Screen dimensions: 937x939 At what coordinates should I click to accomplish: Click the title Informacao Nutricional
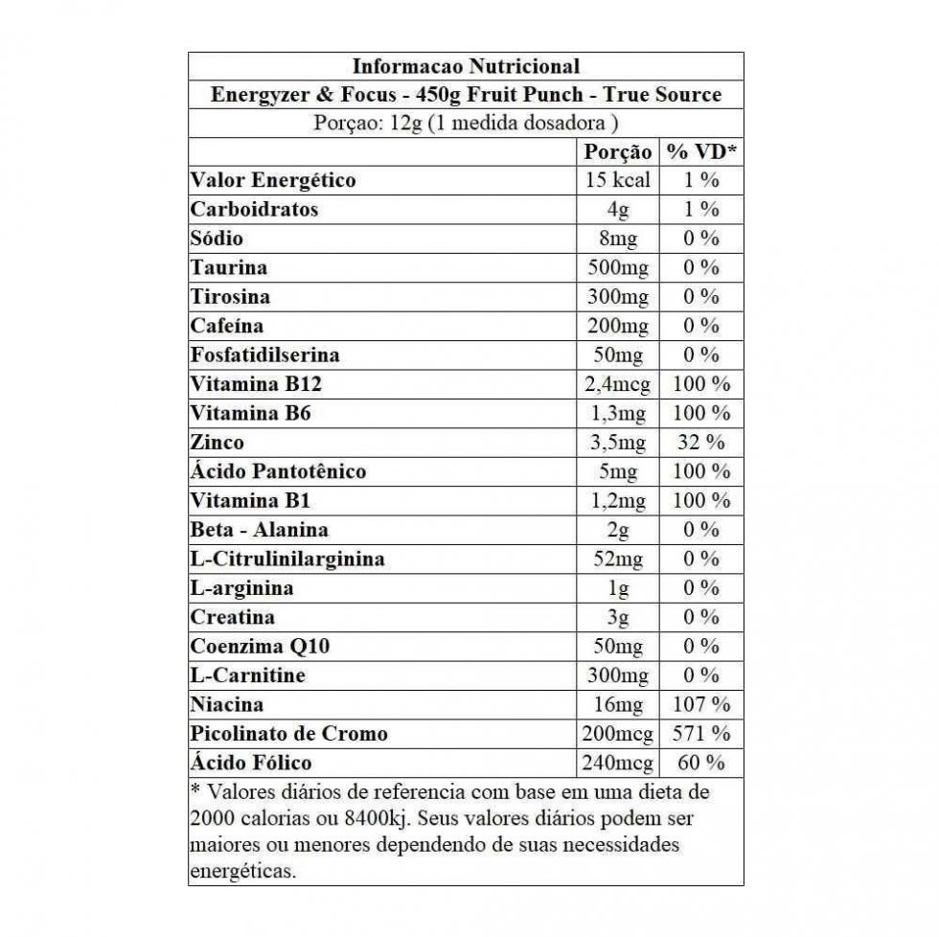tap(466, 66)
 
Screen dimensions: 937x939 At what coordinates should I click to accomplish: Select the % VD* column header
tap(701, 151)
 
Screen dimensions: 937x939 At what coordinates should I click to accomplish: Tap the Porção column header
tap(618, 151)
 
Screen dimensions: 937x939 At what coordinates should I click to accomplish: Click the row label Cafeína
tap(227, 326)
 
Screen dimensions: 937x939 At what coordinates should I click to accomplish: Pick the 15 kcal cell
tap(618, 180)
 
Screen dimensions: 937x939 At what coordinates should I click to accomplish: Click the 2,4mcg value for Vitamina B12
tap(618, 384)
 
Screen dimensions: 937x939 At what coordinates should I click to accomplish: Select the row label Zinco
tap(218, 443)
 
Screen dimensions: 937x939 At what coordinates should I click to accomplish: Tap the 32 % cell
tap(701, 443)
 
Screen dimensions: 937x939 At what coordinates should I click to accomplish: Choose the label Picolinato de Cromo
tap(289, 734)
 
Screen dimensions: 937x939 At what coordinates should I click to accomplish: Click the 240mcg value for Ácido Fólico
tap(618, 764)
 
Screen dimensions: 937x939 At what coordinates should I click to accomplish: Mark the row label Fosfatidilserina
tap(265, 355)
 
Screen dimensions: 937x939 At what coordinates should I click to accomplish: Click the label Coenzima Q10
tap(261, 647)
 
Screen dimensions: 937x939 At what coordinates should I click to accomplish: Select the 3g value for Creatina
tap(618, 617)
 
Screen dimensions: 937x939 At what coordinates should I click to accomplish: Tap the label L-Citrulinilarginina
tap(287, 559)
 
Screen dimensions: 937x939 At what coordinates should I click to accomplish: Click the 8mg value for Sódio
tap(618, 239)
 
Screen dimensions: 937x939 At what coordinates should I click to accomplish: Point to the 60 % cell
tap(701, 764)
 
